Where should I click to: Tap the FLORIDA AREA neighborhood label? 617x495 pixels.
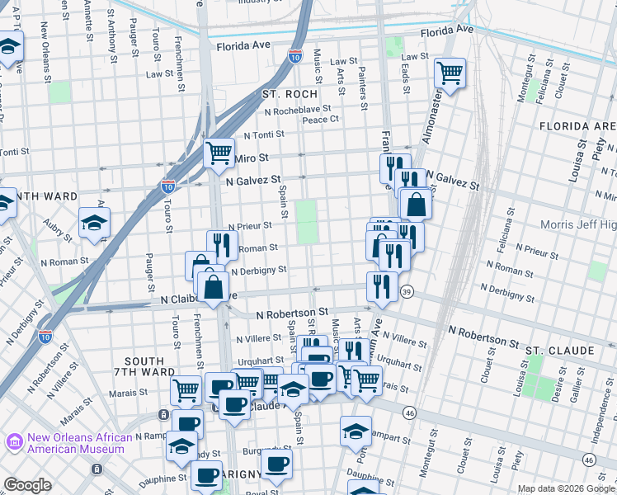[x=577, y=126]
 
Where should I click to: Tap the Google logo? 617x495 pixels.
[x=28, y=485]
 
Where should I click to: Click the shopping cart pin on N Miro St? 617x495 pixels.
[x=219, y=153]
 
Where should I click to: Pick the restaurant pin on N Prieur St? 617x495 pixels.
[x=222, y=244]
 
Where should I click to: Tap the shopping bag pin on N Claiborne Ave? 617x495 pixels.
[x=214, y=287]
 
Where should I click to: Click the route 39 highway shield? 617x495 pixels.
[x=406, y=293]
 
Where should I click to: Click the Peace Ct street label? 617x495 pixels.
[x=321, y=120]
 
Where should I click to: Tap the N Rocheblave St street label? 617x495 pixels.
[x=297, y=108]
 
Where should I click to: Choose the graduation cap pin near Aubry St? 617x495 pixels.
[x=95, y=222]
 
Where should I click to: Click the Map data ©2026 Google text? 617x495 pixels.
[x=566, y=488]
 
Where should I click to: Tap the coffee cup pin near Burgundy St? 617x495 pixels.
[x=278, y=463]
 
